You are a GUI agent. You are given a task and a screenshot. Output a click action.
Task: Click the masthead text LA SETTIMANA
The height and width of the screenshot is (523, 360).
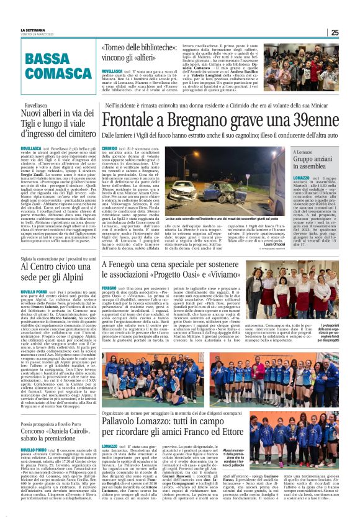[33, 29]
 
